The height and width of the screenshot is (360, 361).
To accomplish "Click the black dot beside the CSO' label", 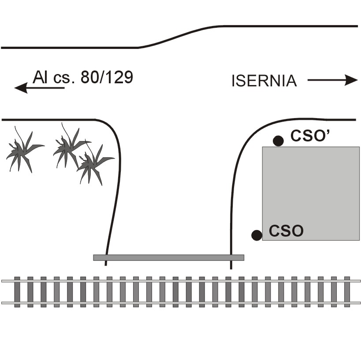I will pos(278,141).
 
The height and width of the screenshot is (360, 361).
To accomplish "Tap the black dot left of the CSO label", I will pos(257,235).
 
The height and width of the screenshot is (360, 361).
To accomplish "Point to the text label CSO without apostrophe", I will pos(286,231).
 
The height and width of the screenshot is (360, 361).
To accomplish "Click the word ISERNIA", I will pos(264,81).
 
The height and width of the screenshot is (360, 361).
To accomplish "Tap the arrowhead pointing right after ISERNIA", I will pos(351,80).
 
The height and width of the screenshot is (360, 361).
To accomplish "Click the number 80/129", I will pos(107,78).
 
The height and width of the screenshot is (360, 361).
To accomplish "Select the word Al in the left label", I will pos(40,78).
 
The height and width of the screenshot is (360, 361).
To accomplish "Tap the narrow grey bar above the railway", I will pos(168,257).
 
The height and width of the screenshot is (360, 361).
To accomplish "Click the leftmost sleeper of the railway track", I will pos(17,292).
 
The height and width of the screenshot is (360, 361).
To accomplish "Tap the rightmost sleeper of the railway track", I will pos(347,292).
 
